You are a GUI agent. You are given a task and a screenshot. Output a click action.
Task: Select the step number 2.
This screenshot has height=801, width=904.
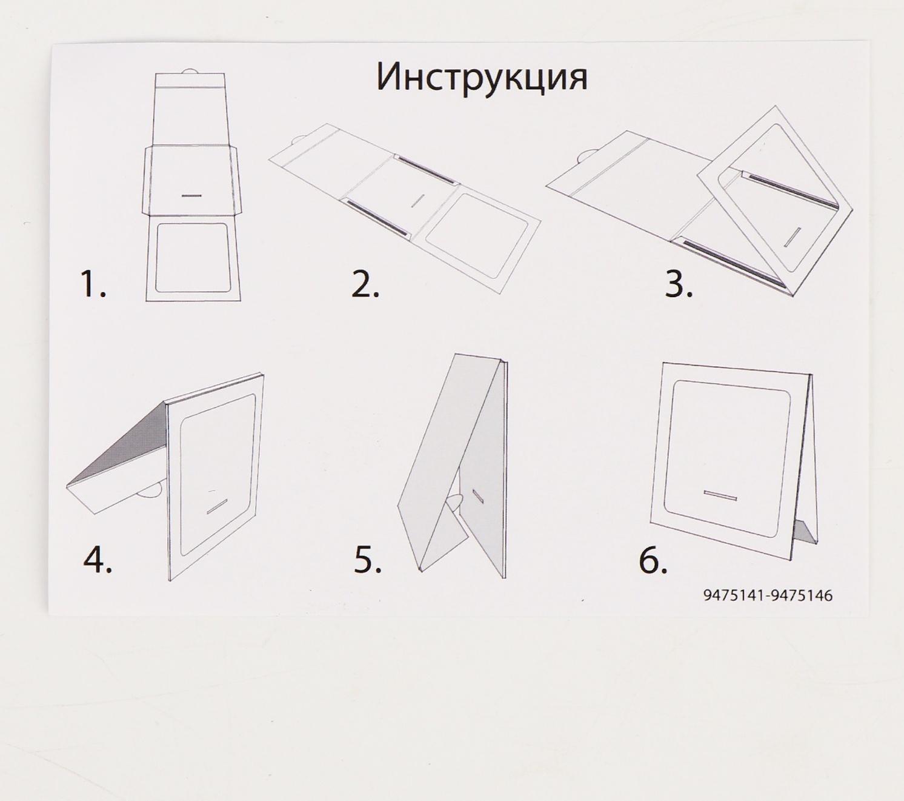[365, 284]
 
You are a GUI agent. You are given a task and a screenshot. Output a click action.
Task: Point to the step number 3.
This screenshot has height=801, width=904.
[679, 284]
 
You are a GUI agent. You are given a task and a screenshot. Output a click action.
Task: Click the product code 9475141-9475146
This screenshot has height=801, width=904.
[768, 595]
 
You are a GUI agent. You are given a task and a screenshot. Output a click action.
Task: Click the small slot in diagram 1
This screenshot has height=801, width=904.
[192, 196]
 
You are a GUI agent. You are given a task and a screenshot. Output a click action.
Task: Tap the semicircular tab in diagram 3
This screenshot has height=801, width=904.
[585, 156]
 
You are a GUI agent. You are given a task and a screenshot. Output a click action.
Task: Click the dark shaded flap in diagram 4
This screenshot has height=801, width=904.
[118, 443]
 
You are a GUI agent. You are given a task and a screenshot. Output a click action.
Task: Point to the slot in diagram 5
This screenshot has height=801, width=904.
[478, 495]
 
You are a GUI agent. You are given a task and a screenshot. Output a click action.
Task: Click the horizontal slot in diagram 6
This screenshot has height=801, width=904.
[720, 494]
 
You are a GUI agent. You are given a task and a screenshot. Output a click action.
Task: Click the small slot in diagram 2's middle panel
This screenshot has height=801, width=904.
[418, 200]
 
